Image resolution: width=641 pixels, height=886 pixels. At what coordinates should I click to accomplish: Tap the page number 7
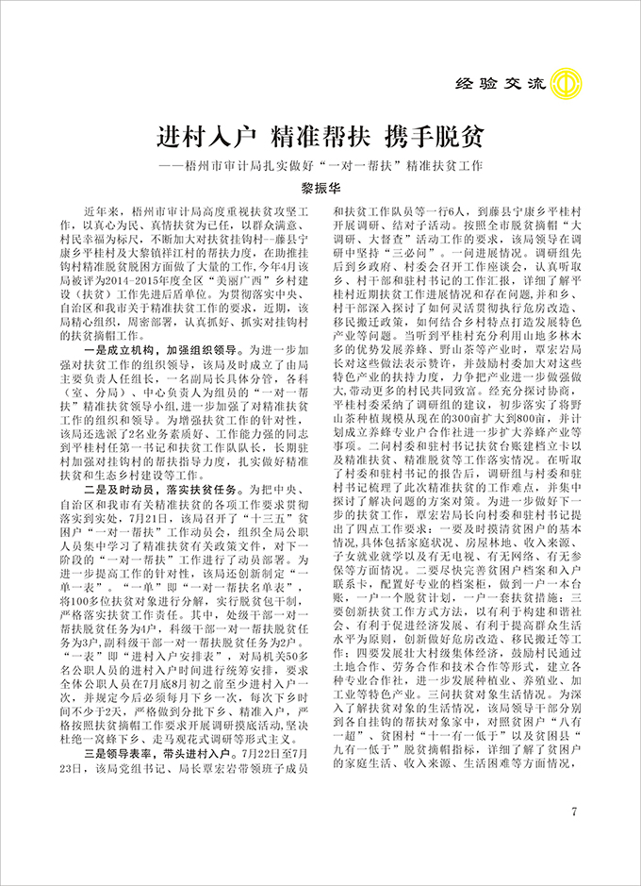click(x=574, y=813)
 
